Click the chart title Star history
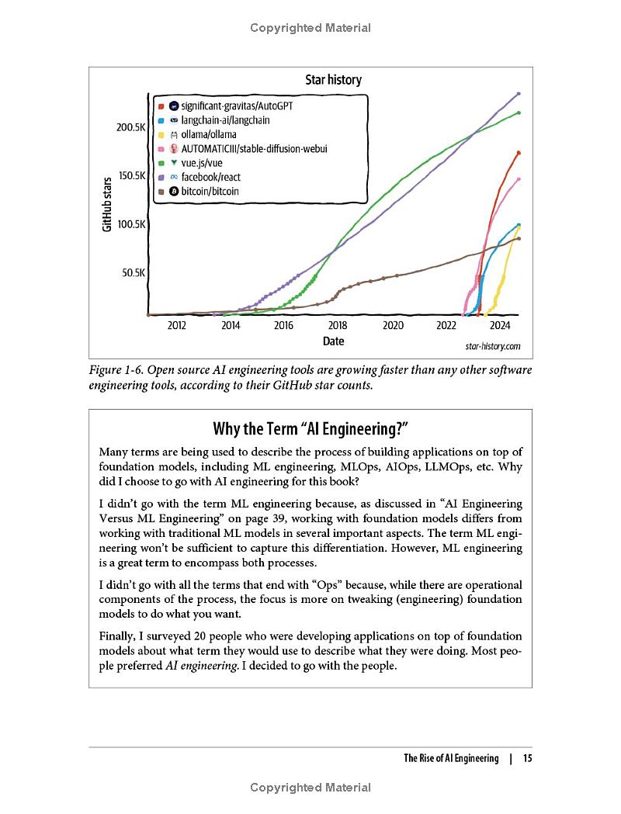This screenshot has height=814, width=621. point(332,80)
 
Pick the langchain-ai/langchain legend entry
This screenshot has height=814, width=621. point(225,120)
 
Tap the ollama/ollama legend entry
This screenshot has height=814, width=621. point(208,134)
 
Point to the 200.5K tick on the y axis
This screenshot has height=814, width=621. point(130,127)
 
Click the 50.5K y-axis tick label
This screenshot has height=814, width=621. point(134,273)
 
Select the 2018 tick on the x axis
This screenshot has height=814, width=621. point(338,326)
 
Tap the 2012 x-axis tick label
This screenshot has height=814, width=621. point(177,326)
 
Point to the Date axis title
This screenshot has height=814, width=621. point(333,341)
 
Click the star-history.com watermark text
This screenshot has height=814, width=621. point(493,347)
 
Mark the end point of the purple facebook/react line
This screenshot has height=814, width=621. point(519,93)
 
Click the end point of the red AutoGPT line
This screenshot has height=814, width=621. point(519,153)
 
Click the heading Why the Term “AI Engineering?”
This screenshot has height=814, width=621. point(310,429)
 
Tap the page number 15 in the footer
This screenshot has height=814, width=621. point(527,759)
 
